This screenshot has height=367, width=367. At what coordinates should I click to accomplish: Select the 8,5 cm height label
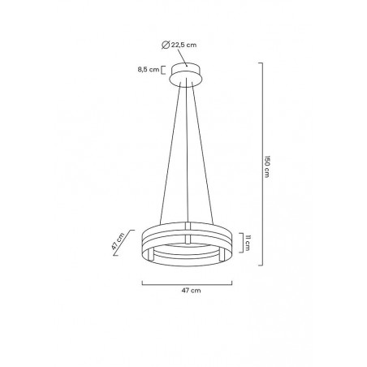pyautogui.click(x=149, y=71)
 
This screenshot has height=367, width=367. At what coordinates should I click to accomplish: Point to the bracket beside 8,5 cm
pyautogui.click(x=164, y=71)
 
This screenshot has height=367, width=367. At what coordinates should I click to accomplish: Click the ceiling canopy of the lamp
pyautogui.click(x=188, y=75)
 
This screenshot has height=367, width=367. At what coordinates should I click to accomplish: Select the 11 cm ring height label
pyautogui.click(x=249, y=242)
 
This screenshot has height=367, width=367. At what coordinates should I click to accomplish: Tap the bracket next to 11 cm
pyautogui.click(x=242, y=242)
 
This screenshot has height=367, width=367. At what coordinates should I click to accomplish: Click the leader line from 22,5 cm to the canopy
pyautogui.click(x=184, y=57)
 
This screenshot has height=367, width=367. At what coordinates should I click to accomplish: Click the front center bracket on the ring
pyautogui.click(x=188, y=240)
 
